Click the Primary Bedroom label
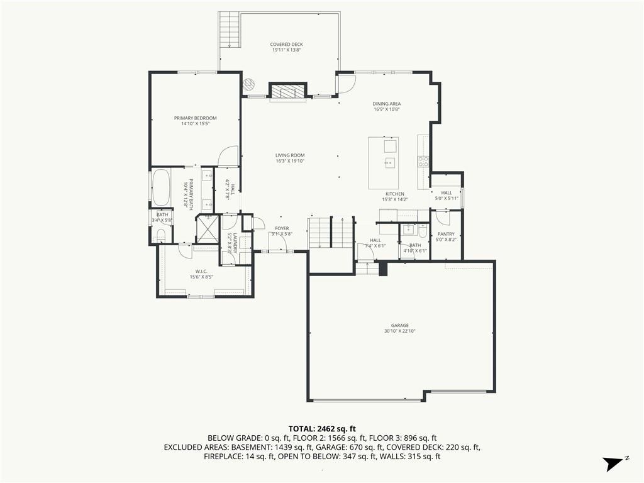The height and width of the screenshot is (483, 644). click(x=195, y=118)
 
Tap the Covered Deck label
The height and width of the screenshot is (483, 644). click(x=286, y=45)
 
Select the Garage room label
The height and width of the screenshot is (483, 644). click(x=399, y=326)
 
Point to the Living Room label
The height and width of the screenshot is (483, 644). click(x=290, y=155)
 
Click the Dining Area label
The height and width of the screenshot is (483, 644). click(x=387, y=104)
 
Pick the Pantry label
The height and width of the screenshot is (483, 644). click(x=446, y=234)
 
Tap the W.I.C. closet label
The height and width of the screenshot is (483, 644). click(x=201, y=272)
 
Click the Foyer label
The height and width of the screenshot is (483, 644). click(x=282, y=228)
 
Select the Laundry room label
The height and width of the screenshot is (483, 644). click(x=235, y=243)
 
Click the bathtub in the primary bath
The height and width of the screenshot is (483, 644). click(x=161, y=187)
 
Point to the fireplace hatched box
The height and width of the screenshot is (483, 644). click(x=288, y=91)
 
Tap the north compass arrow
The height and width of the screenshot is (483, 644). click(x=612, y=464)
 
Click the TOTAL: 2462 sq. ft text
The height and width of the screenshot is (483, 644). click(x=322, y=429)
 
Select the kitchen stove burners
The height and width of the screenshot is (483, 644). click(x=423, y=162)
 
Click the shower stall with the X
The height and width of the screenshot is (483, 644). click(x=208, y=230)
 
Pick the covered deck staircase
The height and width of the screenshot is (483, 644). click(x=229, y=30)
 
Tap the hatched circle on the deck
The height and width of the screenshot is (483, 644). click(x=249, y=85)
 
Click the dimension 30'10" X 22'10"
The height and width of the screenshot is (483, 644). click(x=399, y=331)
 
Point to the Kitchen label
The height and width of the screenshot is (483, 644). click(x=395, y=194)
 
